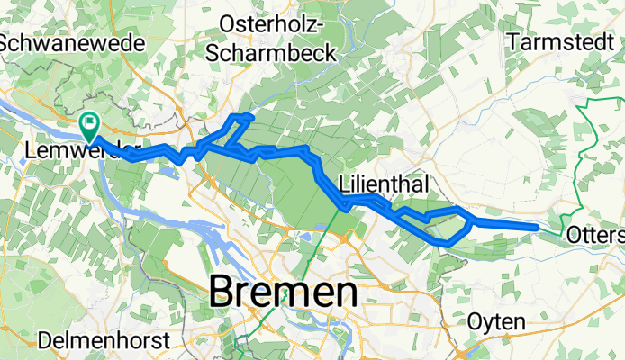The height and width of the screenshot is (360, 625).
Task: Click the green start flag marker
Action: click(x=91, y=127)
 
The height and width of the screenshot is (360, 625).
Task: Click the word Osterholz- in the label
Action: click(x=271, y=28)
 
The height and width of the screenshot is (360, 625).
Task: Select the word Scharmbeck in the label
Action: click(x=271, y=52)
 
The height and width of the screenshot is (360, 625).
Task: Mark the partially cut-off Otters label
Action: click(x=597, y=235)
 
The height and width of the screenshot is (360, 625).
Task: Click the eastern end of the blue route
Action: click(x=538, y=228)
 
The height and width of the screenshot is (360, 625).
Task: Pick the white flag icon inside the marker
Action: click(x=91, y=122)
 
